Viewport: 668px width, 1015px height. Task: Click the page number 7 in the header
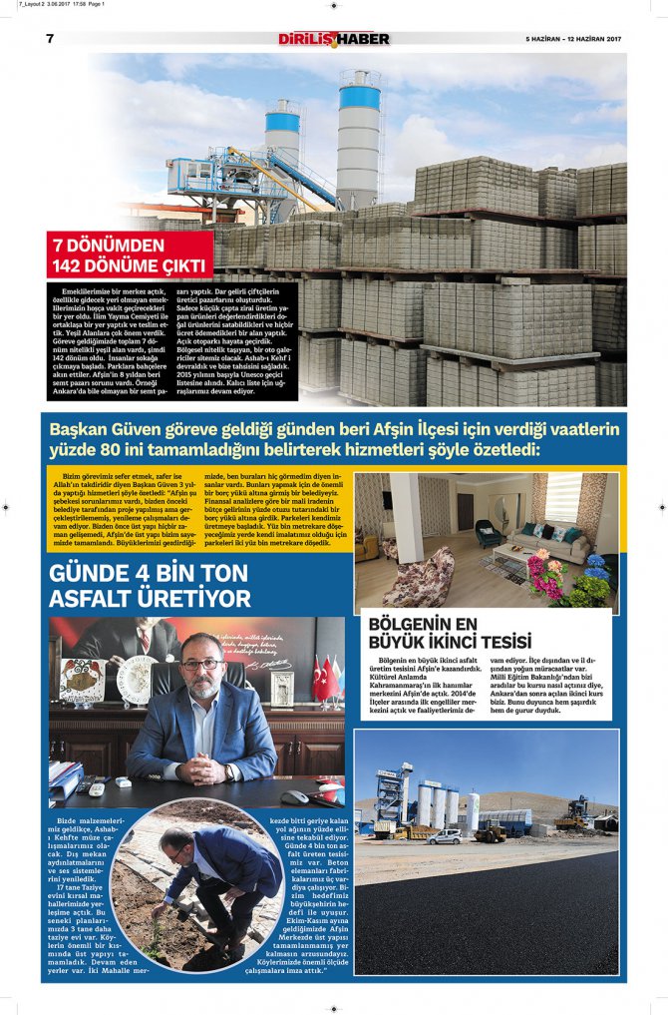(50, 38)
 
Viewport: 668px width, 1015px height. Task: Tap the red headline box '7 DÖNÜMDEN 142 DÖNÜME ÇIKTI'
(130, 254)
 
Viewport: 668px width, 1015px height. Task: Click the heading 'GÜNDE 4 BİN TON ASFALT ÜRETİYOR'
(150, 586)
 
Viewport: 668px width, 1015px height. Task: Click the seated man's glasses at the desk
(202, 665)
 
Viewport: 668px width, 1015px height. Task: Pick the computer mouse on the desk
(294, 796)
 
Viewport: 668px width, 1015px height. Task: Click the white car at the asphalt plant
(445, 836)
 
